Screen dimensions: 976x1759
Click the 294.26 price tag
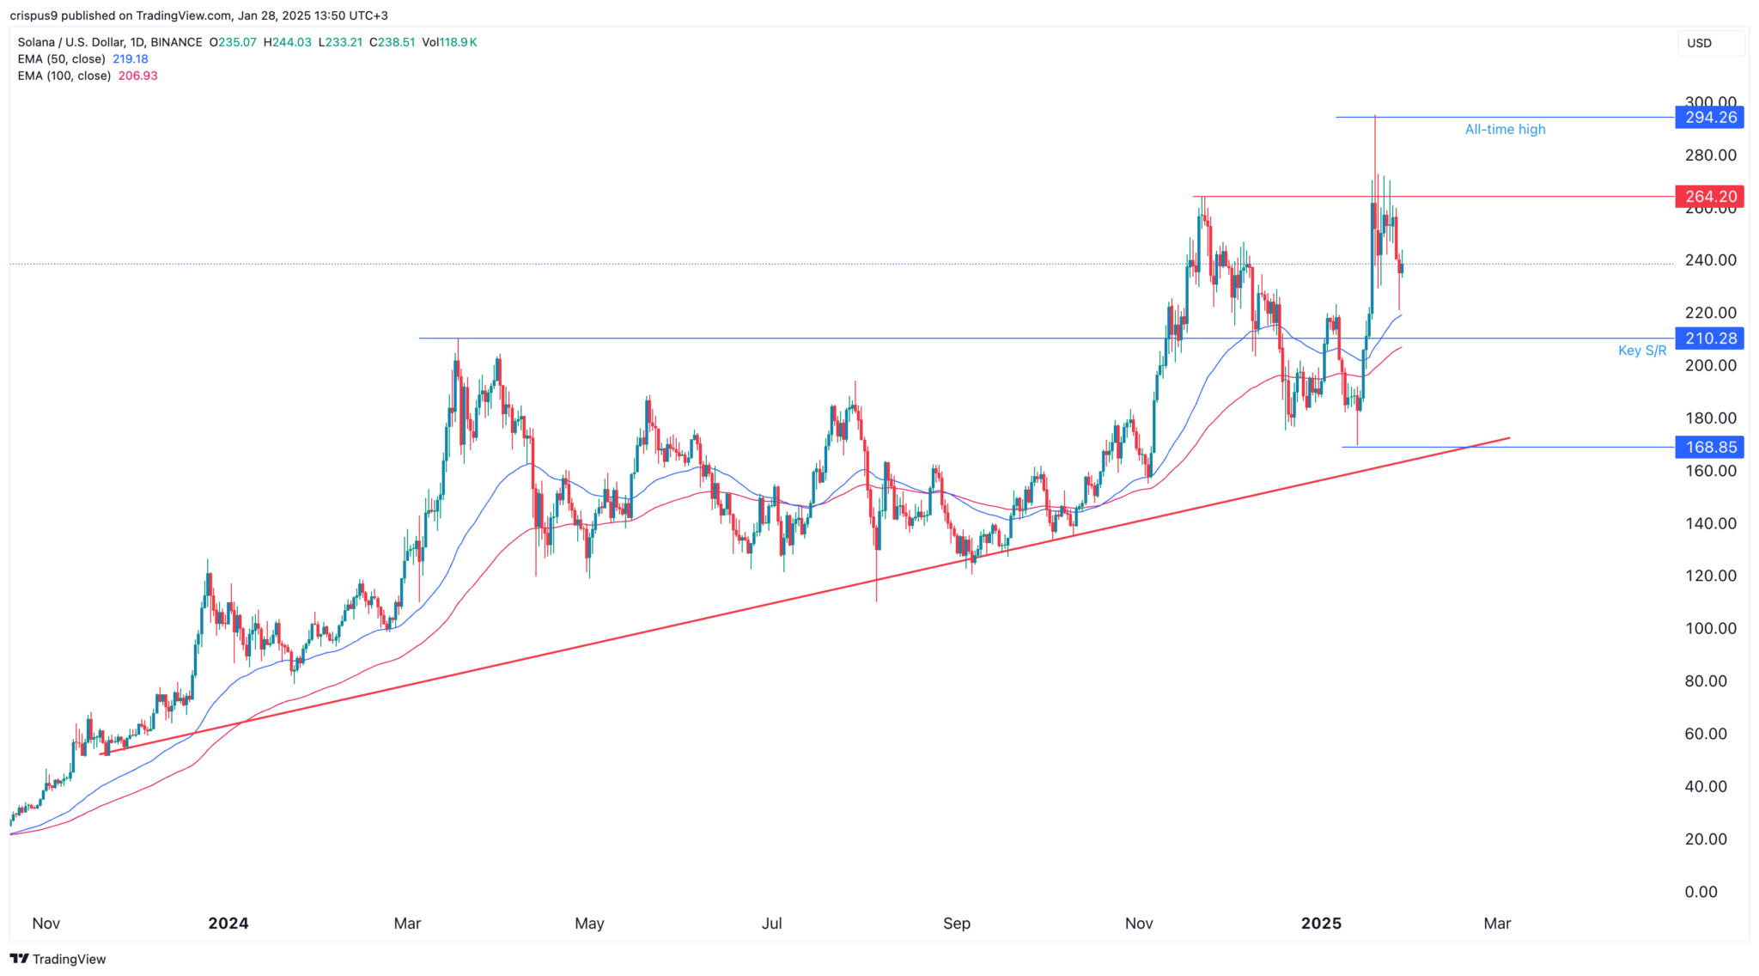tap(1709, 118)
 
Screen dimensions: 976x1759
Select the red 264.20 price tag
tap(1709, 197)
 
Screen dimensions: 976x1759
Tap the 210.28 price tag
tap(1709, 339)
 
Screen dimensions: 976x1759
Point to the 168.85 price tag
tap(1709, 447)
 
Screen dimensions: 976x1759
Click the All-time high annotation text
tap(1505, 130)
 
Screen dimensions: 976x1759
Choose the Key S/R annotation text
tap(1641, 351)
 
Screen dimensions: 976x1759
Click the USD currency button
tap(1699, 43)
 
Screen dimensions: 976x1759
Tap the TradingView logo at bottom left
tap(58, 959)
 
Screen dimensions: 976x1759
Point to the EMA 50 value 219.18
tap(131, 59)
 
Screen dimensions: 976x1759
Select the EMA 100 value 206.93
tap(140, 76)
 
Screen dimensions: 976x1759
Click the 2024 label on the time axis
tap(228, 924)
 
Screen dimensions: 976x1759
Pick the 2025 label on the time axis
tap(1321, 924)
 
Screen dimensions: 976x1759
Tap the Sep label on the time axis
tap(956, 924)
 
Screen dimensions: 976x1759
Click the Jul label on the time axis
tap(772, 924)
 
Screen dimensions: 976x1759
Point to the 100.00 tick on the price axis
tap(1711, 629)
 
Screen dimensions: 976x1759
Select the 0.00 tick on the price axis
tap(1701, 892)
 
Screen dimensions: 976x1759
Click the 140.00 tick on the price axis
tap(1711, 523)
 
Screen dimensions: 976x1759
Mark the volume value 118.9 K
tap(459, 42)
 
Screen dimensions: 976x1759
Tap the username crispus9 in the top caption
tap(38, 15)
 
